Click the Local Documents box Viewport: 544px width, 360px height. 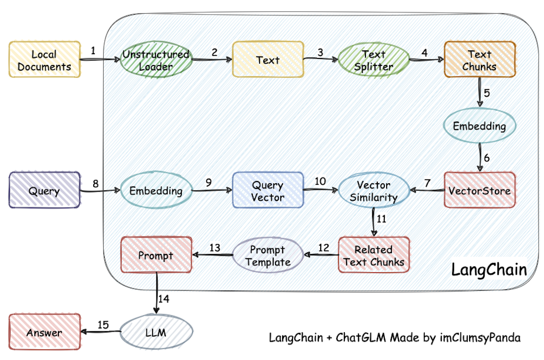(x=44, y=59)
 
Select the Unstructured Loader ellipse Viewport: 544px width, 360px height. (x=156, y=60)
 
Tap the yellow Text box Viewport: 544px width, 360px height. (x=268, y=59)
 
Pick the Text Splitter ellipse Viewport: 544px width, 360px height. (x=373, y=60)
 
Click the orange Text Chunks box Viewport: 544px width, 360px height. (x=480, y=59)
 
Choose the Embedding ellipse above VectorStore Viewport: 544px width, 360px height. (x=479, y=126)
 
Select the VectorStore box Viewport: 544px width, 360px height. (x=480, y=190)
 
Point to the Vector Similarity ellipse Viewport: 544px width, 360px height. (x=373, y=190)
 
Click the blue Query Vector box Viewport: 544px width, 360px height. (x=268, y=190)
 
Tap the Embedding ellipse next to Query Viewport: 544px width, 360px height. (x=156, y=190)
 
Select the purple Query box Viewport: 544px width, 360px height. (x=44, y=190)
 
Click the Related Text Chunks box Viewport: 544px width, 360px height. (x=373, y=255)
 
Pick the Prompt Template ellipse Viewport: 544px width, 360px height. (x=268, y=255)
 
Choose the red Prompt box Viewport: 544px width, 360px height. (x=156, y=255)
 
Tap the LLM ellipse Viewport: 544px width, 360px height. (x=156, y=332)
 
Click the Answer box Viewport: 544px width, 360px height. (x=44, y=332)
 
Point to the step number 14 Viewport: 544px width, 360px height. (x=164, y=299)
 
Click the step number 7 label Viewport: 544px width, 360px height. (x=428, y=183)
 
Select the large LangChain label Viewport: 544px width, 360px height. (x=489, y=270)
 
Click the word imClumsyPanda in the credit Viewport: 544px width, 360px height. (x=480, y=338)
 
